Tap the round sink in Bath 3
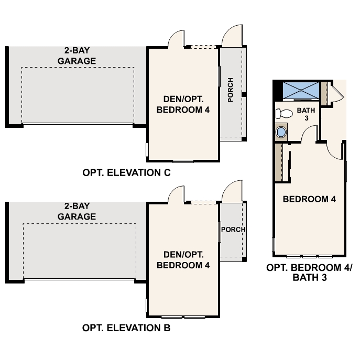(282, 132)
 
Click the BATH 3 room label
(305, 114)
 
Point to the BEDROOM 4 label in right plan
(309, 199)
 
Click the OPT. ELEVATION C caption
(126, 172)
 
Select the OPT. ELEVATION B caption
(126, 329)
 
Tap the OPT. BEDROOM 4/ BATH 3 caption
(310, 272)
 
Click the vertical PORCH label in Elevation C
(231, 90)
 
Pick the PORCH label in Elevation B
(233, 230)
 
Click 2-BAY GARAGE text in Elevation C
(77, 56)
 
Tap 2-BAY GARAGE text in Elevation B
(77, 212)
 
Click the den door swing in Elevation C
(176, 39)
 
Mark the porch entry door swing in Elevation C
(232, 38)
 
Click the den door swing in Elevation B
(176, 195)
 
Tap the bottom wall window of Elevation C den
(183, 161)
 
